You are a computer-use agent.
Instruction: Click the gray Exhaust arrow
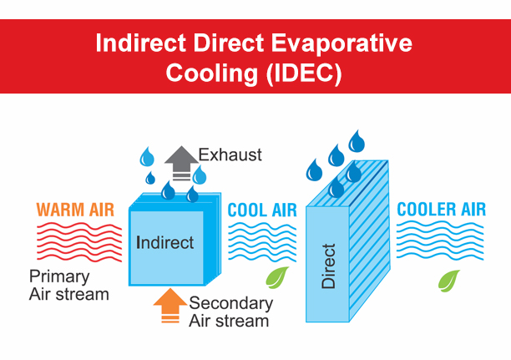click(181, 163)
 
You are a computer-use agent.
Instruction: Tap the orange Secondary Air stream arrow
click(170, 306)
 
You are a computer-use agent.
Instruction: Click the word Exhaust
click(230, 155)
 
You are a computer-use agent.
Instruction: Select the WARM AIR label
click(75, 210)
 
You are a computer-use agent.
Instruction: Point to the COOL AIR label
click(262, 210)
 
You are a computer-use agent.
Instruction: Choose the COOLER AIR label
click(441, 210)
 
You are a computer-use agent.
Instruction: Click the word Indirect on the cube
click(164, 242)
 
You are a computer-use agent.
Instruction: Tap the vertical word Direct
click(328, 266)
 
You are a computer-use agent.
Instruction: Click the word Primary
click(59, 277)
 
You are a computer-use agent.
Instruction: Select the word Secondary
click(231, 303)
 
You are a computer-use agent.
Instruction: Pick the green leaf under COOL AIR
click(277, 277)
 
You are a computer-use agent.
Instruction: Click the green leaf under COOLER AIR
click(449, 281)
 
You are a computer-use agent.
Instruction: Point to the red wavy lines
click(79, 242)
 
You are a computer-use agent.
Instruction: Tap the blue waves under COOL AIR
click(262, 242)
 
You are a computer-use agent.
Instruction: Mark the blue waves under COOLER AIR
click(440, 241)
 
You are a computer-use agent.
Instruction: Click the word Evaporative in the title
click(342, 43)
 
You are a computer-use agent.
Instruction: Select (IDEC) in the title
click(304, 73)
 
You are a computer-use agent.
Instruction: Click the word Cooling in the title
click(212, 73)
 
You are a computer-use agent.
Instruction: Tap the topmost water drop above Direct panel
click(357, 141)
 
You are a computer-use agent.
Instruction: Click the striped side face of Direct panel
click(370, 241)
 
